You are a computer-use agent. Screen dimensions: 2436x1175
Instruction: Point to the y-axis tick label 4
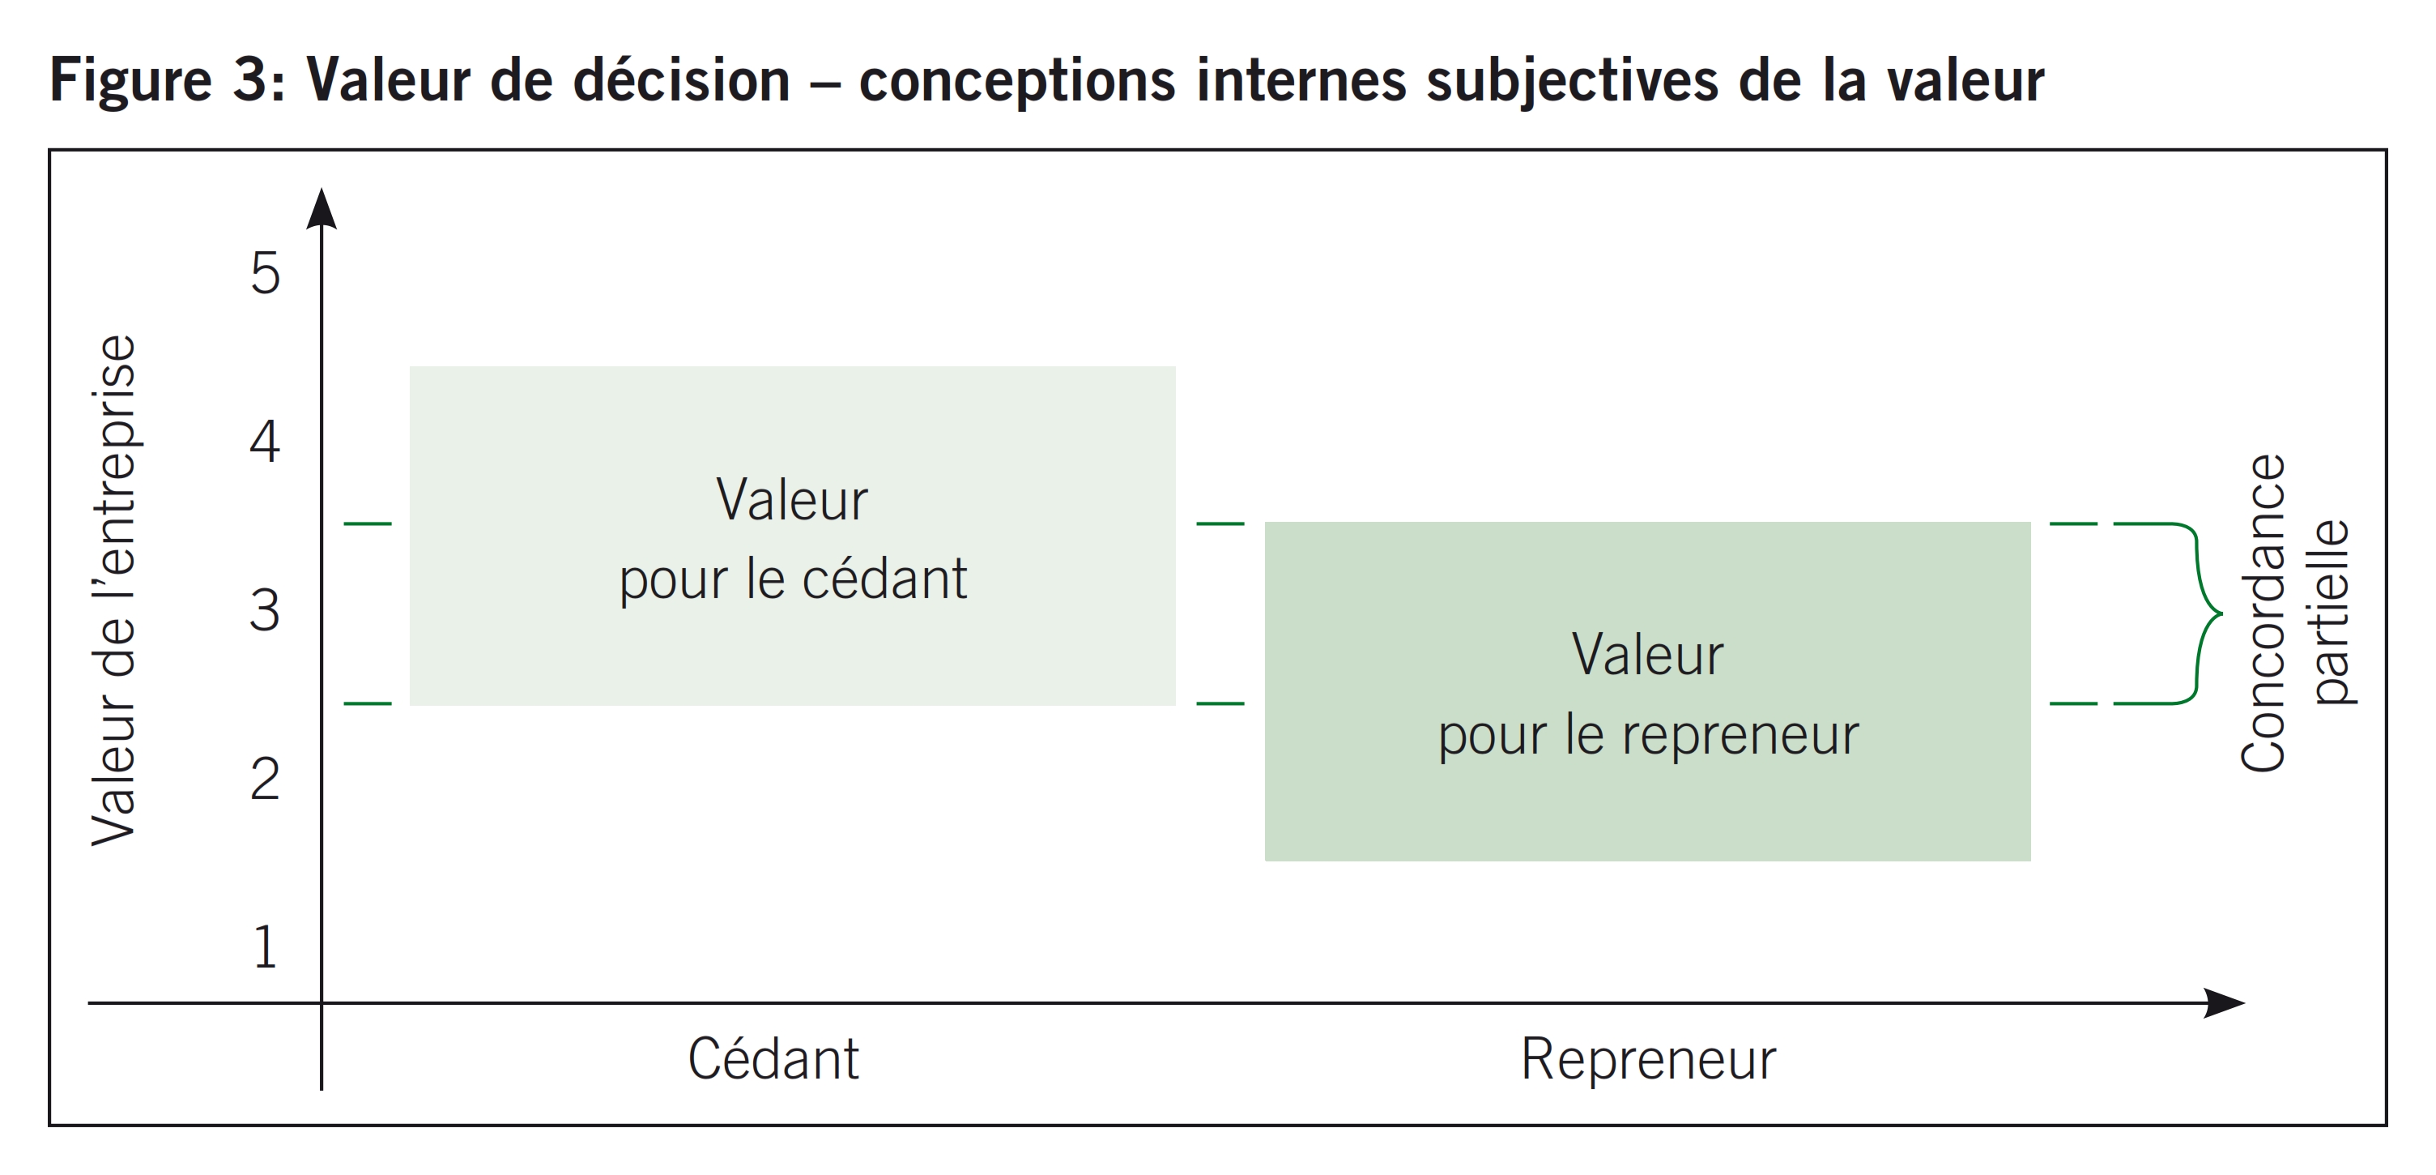tap(265, 441)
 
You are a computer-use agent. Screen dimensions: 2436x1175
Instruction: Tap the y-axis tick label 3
tap(265, 609)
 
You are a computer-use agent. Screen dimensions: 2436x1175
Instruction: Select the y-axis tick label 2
tap(265, 779)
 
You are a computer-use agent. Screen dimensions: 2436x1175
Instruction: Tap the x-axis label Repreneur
tap(1648, 1058)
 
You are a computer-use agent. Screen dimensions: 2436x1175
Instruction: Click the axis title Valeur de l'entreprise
tap(114, 589)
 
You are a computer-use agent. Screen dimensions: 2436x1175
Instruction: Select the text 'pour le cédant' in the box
tap(793, 578)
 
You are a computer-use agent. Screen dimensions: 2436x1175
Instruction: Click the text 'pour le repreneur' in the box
tap(1648, 734)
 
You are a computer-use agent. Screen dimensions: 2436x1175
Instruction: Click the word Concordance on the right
tap(2263, 613)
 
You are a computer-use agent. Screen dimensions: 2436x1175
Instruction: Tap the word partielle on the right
tap(2331, 611)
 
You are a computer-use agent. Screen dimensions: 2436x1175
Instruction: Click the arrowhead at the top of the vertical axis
tap(322, 208)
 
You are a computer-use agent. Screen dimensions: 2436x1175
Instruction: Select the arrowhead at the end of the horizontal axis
tap(2224, 1003)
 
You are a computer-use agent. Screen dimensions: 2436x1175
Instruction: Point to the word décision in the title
tap(682, 79)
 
